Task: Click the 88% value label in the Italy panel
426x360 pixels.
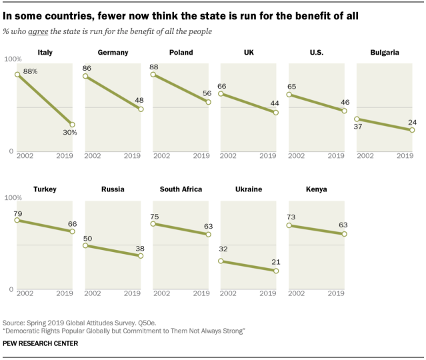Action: (x=30, y=71)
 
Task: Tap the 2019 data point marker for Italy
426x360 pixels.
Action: (x=72, y=125)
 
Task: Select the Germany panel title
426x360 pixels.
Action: (x=113, y=52)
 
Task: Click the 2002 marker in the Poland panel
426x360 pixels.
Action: (x=154, y=75)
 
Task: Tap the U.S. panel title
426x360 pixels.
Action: (x=317, y=52)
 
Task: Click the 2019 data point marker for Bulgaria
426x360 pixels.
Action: (x=412, y=130)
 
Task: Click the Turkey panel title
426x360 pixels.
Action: (x=45, y=189)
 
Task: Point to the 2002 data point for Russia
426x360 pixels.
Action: (x=86, y=246)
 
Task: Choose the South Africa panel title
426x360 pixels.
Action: (x=181, y=189)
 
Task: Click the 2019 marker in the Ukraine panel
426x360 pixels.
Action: (x=275, y=271)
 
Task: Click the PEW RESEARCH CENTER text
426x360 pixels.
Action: (x=41, y=343)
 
